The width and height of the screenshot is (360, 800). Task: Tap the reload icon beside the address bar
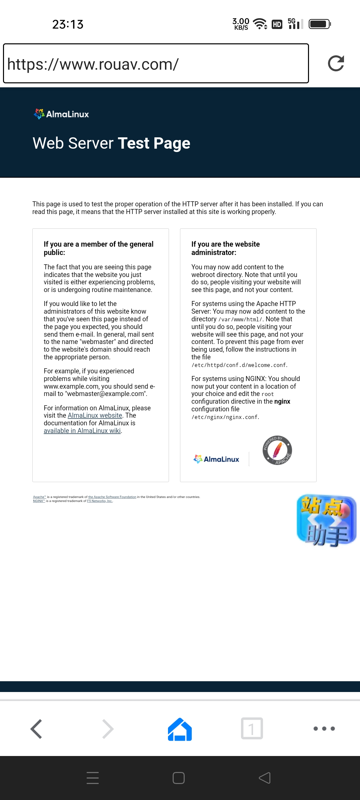(x=336, y=63)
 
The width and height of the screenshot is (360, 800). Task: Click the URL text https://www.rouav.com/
(x=93, y=64)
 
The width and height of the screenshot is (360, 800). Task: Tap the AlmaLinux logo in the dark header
(x=61, y=114)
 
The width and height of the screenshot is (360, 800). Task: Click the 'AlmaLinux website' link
(x=95, y=415)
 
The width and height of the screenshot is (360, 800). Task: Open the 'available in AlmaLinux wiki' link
(x=82, y=431)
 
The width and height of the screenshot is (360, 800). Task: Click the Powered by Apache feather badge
(x=277, y=450)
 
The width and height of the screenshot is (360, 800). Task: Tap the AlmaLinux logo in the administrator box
(x=216, y=459)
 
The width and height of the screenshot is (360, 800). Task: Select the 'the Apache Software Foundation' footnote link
(x=112, y=497)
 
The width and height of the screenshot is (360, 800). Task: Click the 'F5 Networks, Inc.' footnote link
(x=100, y=501)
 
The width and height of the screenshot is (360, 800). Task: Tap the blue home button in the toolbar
(x=180, y=729)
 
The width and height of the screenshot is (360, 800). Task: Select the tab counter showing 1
(x=252, y=729)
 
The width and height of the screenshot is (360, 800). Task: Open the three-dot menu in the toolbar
(x=324, y=729)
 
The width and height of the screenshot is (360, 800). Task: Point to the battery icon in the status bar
(x=319, y=24)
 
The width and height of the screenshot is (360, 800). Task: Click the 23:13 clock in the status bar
(x=68, y=24)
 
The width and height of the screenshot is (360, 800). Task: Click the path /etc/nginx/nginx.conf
(x=225, y=417)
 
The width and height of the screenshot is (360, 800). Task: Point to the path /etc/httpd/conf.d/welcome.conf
(x=239, y=365)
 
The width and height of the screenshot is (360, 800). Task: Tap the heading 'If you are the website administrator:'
(x=225, y=248)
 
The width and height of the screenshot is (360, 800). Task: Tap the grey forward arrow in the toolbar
(x=108, y=729)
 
